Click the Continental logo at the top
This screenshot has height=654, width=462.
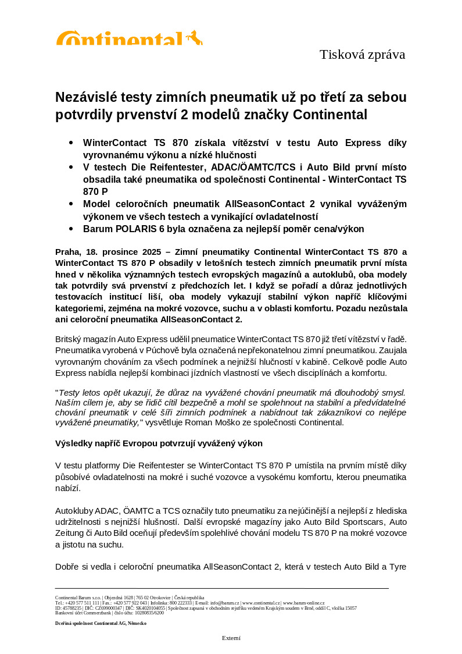[x=129, y=38]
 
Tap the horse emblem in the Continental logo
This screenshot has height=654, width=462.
[x=195, y=38]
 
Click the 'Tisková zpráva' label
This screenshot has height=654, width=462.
[x=362, y=55]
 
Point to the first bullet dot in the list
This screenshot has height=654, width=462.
[x=71, y=143]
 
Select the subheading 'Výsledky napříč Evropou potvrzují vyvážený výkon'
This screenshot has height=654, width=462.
[x=159, y=443]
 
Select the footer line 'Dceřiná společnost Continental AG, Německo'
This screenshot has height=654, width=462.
[x=101, y=623]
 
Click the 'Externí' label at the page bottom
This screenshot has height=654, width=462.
[x=231, y=638]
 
